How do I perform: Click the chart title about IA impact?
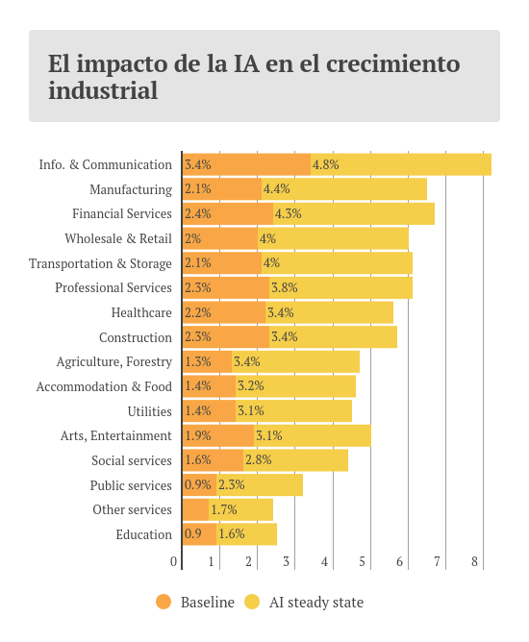pyautogui.click(x=254, y=77)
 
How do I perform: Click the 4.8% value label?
pyautogui.click(x=325, y=164)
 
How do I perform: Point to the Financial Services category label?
pyautogui.click(x=122, y=213)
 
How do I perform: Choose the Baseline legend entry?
pyautogui.click(x=195, y=603)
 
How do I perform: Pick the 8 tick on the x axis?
pyautogui.click(x=474, y=561)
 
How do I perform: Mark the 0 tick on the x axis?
pyautogui.click(x=174, y=561)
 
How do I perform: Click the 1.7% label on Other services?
pyautogui.click(x=223, y=509)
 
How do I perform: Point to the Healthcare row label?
pyautogui.click(x=141, y=312)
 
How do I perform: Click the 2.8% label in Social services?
pyautogui.click(x=258, y=460)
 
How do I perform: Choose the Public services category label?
pyautogui.click(x=131, y=485)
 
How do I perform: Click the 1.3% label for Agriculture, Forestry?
pyautogui.click(x=197, y=361)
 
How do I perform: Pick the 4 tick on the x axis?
pyautogui.click(x=324, y=561)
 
